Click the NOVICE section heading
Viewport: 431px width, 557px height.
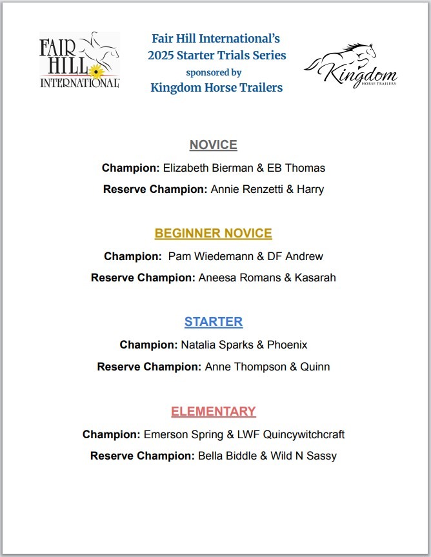[213, 145]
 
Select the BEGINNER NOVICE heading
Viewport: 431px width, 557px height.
[213, 233]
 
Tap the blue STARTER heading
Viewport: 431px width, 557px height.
[213, 321]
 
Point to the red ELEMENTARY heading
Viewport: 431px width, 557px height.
[213, 411]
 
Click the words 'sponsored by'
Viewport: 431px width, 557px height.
[214, 72]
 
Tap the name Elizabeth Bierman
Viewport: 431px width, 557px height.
[203, 168]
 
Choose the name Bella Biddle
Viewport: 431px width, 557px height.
[226, 456]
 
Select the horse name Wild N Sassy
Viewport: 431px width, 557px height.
[303, 456]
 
